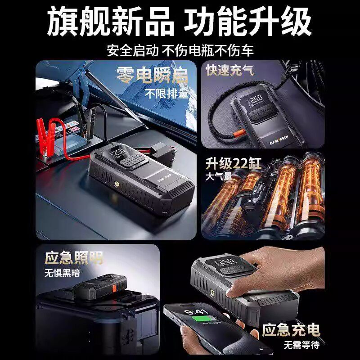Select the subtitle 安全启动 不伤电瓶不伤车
180,49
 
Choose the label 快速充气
229,70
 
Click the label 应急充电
291,330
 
